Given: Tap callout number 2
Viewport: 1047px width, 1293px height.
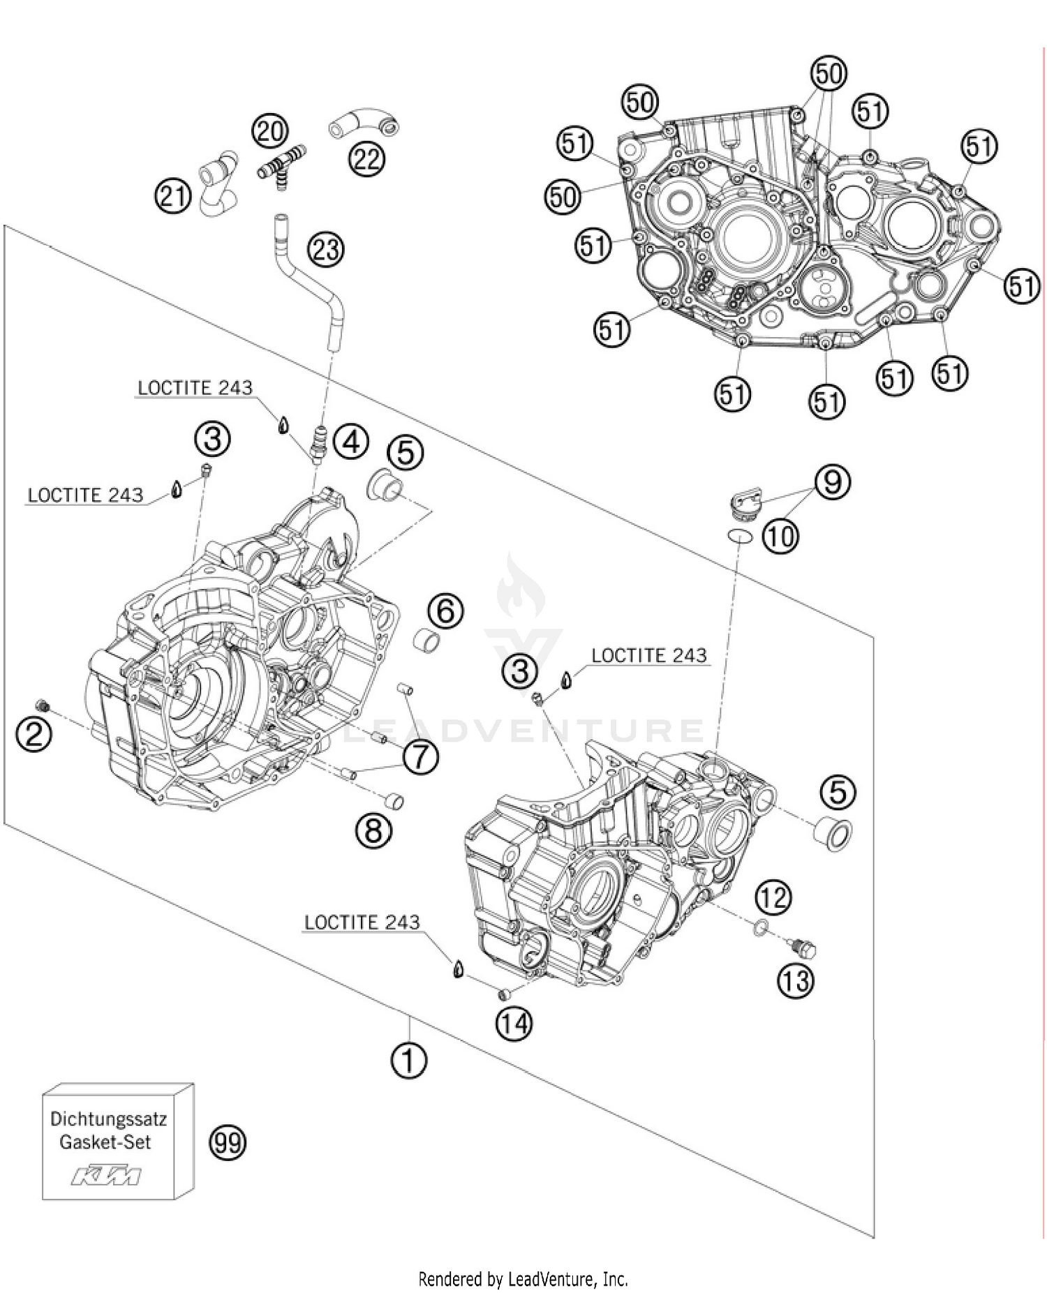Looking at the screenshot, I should click(34, 735).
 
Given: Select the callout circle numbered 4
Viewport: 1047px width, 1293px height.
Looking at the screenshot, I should click(350, 441).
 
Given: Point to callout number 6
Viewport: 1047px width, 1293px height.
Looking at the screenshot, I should click(446, 611).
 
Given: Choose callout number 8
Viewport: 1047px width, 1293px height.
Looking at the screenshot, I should click(373, 831).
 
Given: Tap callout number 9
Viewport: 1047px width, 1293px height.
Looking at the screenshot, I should click(833, 482).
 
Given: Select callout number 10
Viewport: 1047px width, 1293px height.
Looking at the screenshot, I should click(780, 536).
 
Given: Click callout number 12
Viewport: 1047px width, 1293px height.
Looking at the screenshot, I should click(773, 897).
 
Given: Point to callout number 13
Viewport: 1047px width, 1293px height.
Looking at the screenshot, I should click(795, 981).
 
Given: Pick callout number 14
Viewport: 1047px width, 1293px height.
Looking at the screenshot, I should click(514, 1024).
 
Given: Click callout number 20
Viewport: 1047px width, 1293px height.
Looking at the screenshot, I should click(270, 131).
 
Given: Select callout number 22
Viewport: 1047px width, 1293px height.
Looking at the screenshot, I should click(367, 160).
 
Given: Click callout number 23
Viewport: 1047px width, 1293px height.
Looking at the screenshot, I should click(326, 249).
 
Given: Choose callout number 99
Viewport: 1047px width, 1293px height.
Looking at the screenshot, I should click(228, 1143).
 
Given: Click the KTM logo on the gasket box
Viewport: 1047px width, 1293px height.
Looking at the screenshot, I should click(107, 1175).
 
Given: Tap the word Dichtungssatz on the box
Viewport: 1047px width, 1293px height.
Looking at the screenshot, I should click(108, 1119).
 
